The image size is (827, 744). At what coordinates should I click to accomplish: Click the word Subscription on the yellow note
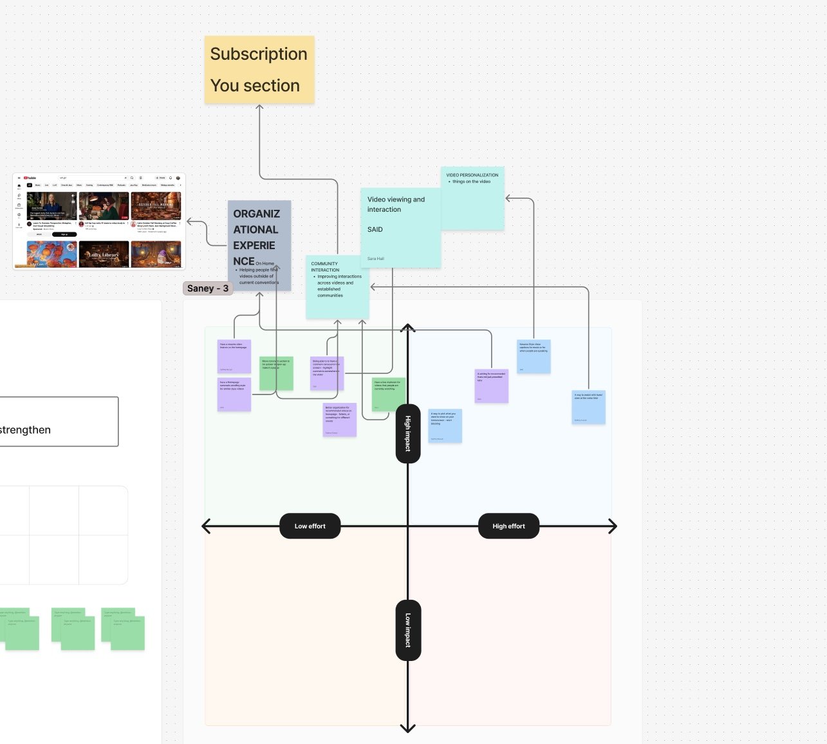pyautogui.click(x=259, y=54)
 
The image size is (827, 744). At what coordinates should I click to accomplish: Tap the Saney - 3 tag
pyautogui.click(x=207, y=288)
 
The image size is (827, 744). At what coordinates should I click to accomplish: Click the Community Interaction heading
pyautogui.click(x=324, y=266)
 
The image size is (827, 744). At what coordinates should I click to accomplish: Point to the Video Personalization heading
pyautogui.click(x=472, y=175)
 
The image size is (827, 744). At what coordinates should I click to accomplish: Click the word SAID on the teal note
pyautogui.click(x=375, y=230)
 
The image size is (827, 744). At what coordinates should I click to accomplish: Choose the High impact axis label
pyautogui.click(x=408, y=433)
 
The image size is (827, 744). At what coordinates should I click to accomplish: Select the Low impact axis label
pyautogui.click(x=408, y=630)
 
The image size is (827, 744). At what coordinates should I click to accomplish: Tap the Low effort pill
pyautogui.click(x=310, y=526)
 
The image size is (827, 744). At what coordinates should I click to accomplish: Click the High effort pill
pyautogui.click(x=508, y=526)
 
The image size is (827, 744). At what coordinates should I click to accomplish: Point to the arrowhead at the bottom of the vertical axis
pyautogui.click(x=408, y=729)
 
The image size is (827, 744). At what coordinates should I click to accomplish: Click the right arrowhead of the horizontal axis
pyautogui.click(x=613, y=526)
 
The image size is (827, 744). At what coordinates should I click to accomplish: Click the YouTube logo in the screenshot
pyautogui.click(x=30, y=178)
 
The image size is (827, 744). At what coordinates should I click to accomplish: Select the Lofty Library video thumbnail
pyautogui.click(x=104, y=254)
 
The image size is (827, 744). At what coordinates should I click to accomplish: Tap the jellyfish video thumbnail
pyautogui.click(x=51, y=254)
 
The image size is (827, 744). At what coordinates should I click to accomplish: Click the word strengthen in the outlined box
pyautogui.click(x=26, y=430)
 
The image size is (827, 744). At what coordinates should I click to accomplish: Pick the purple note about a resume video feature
pyautogui.click(x=234, y=357)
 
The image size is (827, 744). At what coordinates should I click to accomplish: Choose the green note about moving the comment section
pyautogui.click(x=276, y=373)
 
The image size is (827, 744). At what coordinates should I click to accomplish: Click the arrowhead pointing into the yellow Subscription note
pyautogui.click(x=259, y=107)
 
